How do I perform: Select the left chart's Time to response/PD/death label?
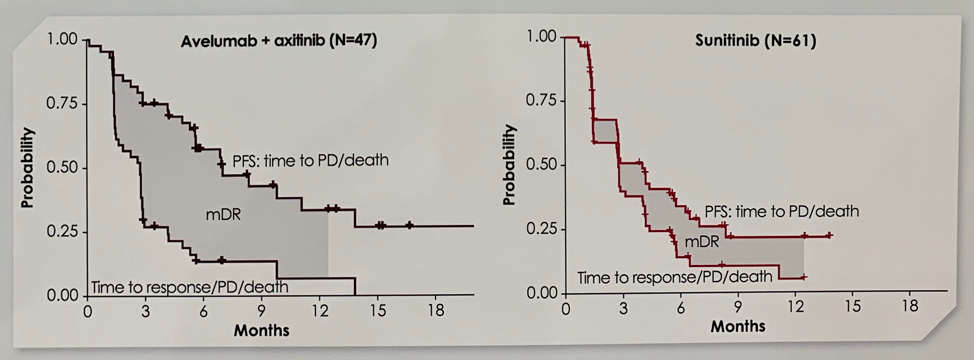190,288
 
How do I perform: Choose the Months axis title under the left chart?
263,328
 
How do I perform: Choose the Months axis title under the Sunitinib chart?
737,326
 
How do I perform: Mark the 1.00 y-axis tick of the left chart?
62,39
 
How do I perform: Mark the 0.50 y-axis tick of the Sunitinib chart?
540,165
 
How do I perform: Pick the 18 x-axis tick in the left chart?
436,311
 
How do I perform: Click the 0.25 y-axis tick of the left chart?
62,231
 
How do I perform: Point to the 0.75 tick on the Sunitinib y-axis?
540,101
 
